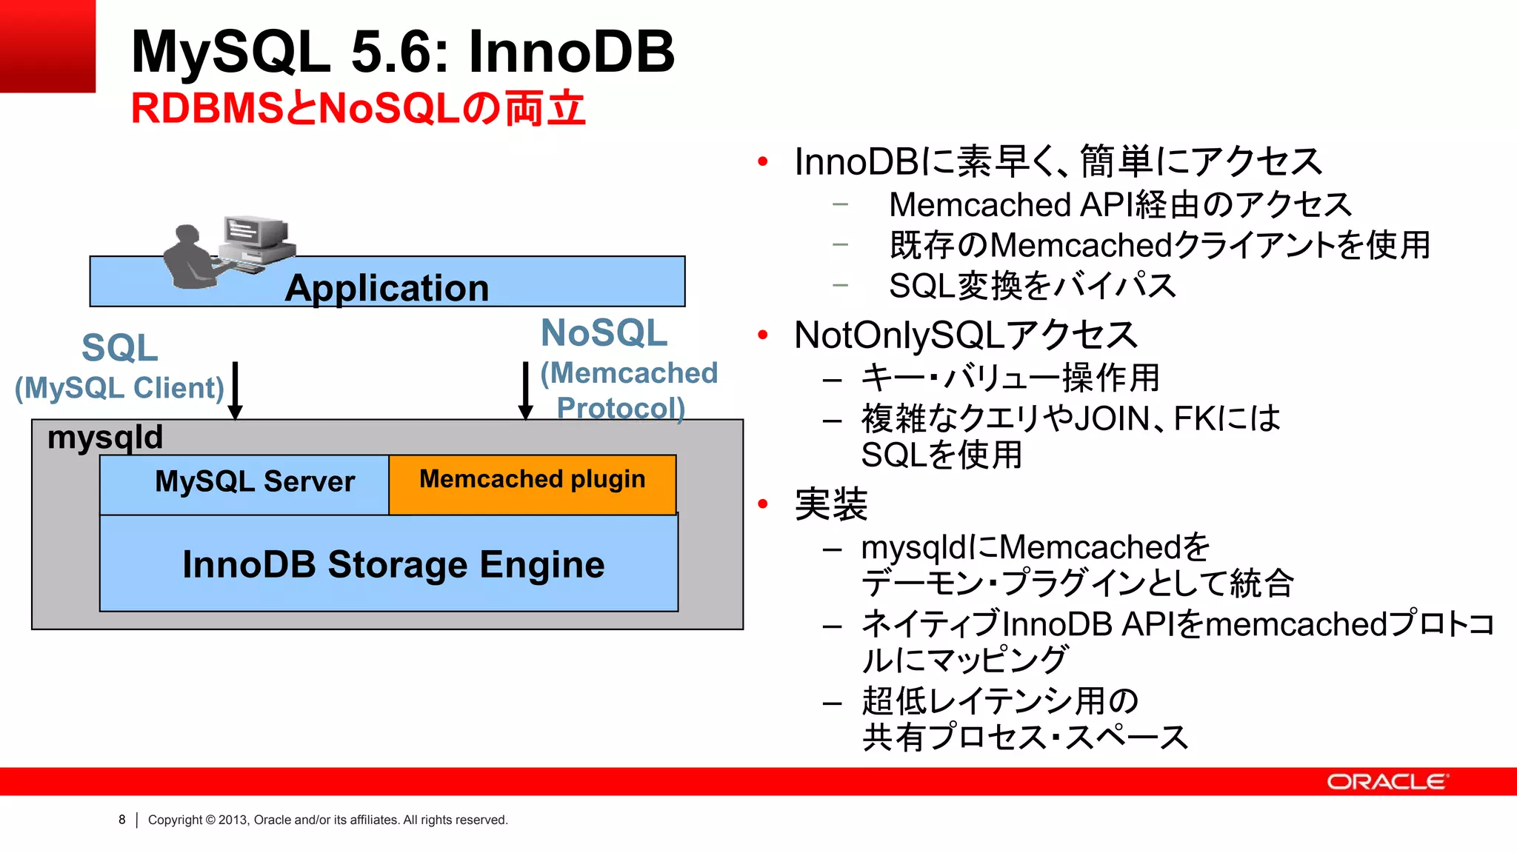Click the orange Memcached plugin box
[532, 484]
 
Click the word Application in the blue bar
[387, 288]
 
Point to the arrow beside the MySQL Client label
[236, 391]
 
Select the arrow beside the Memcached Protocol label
[526, 391]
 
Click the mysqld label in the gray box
[105, 437]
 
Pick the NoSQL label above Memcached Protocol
[604, 333]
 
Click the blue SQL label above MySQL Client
[120, 348]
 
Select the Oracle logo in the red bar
[1387, 782]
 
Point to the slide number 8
[122, 820]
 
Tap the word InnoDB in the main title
[571, 52]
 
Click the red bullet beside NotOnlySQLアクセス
[763, 335]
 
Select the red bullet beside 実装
[763, 505]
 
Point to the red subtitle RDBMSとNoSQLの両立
[359, 109]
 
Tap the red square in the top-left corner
[47, 46]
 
